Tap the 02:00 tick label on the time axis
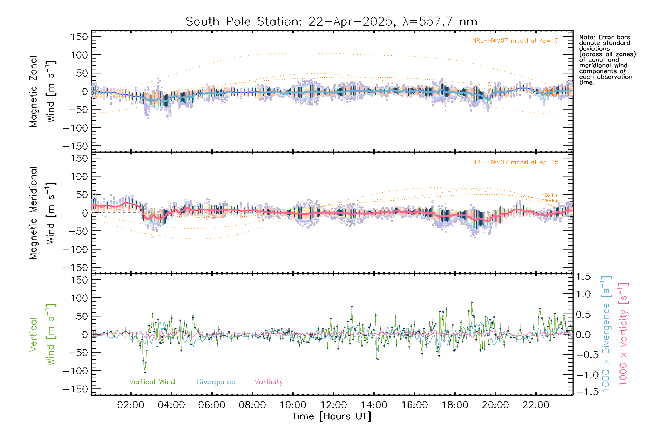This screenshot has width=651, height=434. click(x=131, y=405)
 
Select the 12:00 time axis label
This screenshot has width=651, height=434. click(x=333, y=405)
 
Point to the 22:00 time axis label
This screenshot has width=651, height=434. click(x=536, y=405)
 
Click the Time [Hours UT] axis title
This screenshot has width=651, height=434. click(x=332, y=417)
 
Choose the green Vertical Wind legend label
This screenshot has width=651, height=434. click(x=152, y=382)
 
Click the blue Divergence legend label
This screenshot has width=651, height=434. click(x=216, y=382)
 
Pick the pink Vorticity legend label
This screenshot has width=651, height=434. click(x=268, y=382)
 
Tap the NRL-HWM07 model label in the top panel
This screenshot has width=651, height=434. click(x=515, y=41)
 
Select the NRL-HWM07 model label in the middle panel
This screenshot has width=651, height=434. click(x=515, y=162)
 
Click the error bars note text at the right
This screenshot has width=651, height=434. click(x=607, y=60)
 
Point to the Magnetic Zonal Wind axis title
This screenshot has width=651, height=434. click(x=43, y=92)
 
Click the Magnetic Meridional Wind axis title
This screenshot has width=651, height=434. click(x=43, y=213)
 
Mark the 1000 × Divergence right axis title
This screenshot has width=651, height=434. click(x=606, y=334)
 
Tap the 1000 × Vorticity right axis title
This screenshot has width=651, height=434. click(x=624, y=334)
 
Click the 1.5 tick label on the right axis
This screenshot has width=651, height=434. click(x=583, y=277)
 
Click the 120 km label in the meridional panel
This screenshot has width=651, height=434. click(x=550, y=195)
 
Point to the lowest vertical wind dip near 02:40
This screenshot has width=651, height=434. click(x=145, y=372)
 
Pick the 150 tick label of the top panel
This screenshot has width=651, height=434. click(x=80, y=37)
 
